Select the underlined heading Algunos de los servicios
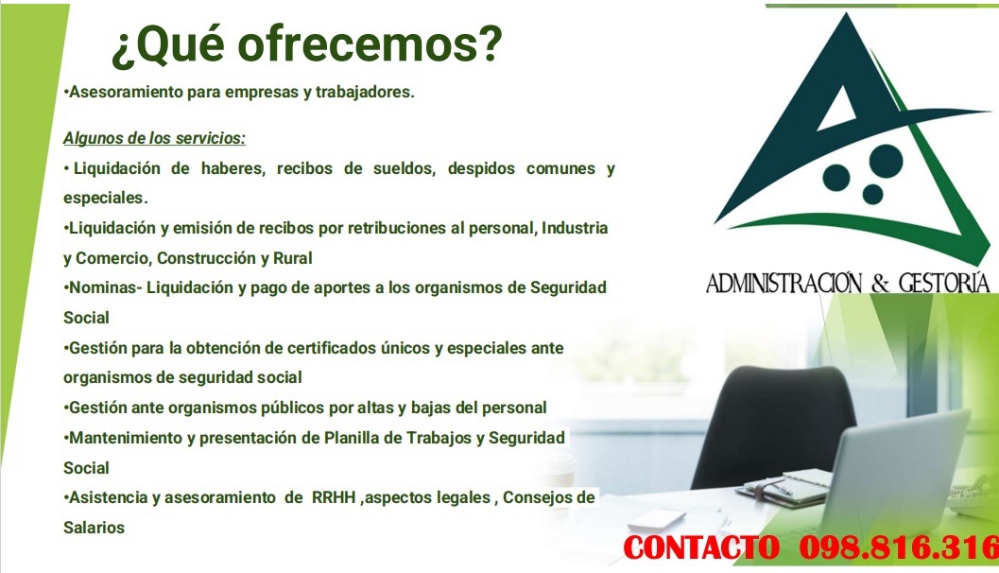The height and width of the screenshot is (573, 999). [154, 138]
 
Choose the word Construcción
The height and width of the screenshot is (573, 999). [204, 257]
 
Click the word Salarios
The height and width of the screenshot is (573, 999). [94, 528]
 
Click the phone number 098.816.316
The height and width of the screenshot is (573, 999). [898, 547]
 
